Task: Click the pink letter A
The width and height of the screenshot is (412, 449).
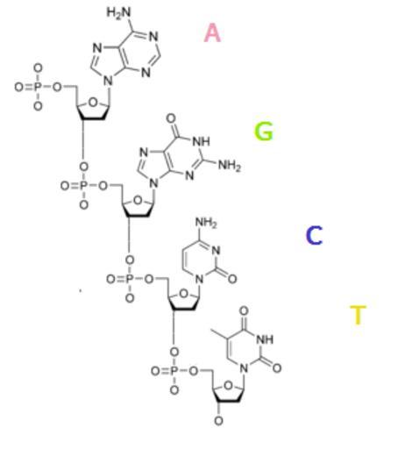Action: (212, 32)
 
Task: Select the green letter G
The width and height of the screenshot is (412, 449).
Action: (264, 132)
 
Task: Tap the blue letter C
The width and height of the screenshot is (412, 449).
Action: (314, 235)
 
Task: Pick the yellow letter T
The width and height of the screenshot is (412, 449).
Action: (358, 315)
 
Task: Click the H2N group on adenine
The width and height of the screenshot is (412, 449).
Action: (118, 12)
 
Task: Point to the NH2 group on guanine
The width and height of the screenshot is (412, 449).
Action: (230, 166)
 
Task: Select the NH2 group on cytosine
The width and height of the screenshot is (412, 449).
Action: (206, 223)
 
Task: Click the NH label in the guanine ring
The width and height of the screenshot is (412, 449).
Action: (201, 141)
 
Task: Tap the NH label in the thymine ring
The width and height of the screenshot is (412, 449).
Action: (265, 339)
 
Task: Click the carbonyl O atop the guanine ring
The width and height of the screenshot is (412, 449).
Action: (171, 118)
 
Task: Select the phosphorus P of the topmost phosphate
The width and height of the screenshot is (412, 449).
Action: (38, 87)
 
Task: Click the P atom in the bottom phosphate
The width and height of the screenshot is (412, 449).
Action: (174, 371)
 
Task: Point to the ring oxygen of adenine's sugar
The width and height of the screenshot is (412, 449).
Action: (93, 103)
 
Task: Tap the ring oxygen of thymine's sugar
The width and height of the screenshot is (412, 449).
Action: (228, 386)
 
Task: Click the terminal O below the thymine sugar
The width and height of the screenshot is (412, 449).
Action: (218, 421)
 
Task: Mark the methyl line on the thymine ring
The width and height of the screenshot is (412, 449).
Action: (220, 334)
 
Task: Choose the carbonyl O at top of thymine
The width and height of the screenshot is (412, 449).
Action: (244, 310)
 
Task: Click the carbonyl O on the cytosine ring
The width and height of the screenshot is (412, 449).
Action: (232, 279)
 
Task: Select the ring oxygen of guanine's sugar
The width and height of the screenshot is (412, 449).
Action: (138, 201)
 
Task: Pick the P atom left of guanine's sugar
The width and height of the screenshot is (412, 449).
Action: (83, 185)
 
